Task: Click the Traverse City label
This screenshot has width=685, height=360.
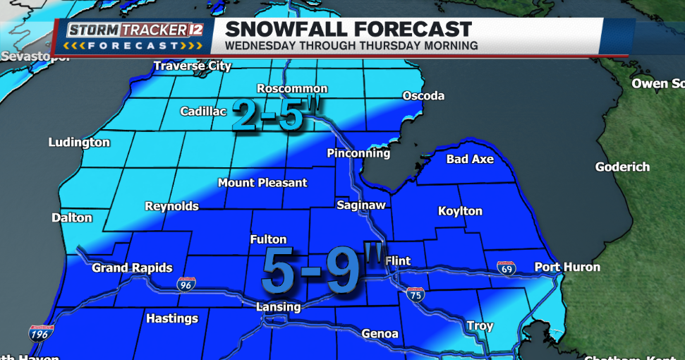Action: [x=193, y=66]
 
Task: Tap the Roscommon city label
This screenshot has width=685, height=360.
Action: [x=292, y=88]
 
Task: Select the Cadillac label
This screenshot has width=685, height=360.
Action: [x=203, y=111]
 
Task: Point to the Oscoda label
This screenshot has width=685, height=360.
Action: [x=423, y=95]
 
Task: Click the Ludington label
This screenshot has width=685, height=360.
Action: [x=79, y=142]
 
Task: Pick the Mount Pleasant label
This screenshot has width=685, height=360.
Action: [x=262, y=182]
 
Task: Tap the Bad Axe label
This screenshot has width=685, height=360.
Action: [x=470, y=159]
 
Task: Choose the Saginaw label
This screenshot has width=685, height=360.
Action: [x=361, y=205]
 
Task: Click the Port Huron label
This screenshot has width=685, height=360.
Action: [x=567, y=267]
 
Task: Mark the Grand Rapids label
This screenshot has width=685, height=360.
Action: [x=132, y=268]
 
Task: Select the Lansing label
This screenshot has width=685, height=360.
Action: [x=278, y=306]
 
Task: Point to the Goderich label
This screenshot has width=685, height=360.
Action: [x=622, y=167]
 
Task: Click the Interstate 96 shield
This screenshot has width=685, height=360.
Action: [x=186, y=284]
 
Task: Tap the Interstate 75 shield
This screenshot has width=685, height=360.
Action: [x=416, y=295]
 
